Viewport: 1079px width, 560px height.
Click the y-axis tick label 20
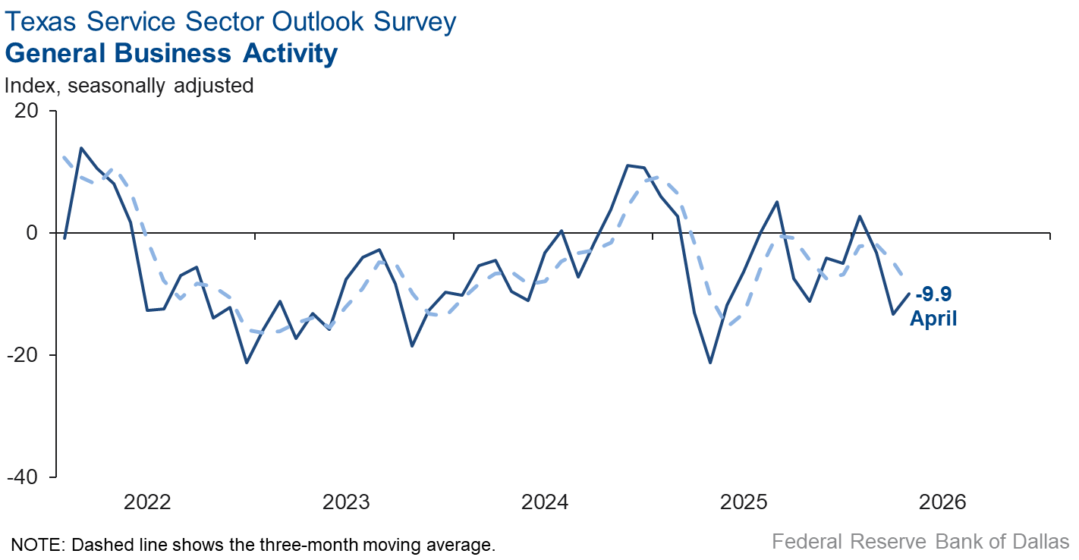[x=26, y=111]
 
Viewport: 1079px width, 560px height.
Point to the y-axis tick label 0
[x=31, y=233]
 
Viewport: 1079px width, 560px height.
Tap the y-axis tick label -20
[x=23, y=355]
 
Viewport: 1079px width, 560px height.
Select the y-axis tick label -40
[x=23, y=477]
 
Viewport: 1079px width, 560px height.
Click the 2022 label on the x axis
[x=148, y=502]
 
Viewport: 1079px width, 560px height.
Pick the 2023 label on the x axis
[x=347, y=502]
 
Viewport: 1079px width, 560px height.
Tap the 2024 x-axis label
[x=545, y=502]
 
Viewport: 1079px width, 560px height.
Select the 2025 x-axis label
[x=744, y=502]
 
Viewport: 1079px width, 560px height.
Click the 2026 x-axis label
[x=942, y=502]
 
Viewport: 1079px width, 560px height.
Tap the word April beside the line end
[x=933, y=318]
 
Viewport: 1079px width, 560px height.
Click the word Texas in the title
[x=40, y=22]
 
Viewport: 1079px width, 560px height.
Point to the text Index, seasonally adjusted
[x=129, y=85]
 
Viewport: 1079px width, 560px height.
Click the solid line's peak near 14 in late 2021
[x=81, y=148]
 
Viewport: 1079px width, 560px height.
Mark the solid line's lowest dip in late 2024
[x=710, y=363]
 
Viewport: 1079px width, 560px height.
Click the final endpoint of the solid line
[x=910, y=294]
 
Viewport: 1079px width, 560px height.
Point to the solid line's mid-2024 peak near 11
[x=628, y=165]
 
